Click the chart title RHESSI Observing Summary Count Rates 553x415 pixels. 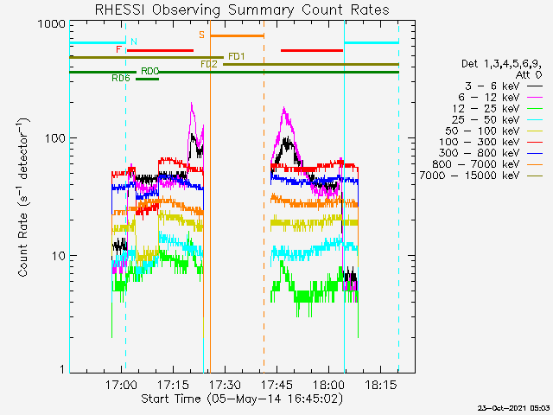[242, 10]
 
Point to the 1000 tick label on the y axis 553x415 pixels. [52, 24]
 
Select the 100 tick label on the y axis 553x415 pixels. [55, 138]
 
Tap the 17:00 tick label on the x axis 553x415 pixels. [121, 385]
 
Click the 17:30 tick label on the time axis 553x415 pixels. [225, 385]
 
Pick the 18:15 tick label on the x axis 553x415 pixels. [380, 385]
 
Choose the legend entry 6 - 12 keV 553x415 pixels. [489, 97]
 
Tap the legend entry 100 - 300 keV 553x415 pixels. [480, 142]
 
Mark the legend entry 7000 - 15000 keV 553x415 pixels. [470, 176]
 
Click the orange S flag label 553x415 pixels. [201, 35]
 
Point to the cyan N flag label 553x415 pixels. [134, 41]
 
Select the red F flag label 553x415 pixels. [119, 49]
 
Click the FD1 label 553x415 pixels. [237, 56]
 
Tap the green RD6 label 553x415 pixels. [121, 78]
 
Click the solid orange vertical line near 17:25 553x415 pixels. [210, 196]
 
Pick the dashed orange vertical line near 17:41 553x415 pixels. [264, 196]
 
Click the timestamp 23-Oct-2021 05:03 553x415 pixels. [513, 408]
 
